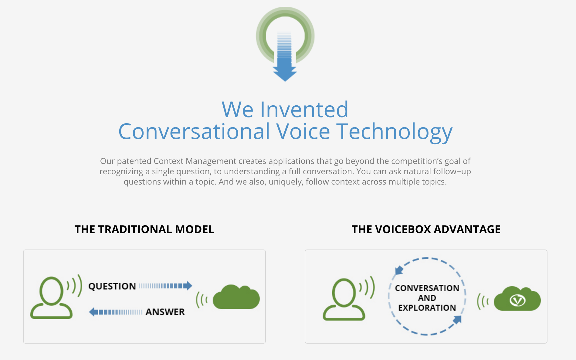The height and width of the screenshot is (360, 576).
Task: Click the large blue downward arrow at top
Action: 285,68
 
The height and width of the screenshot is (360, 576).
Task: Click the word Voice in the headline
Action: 303,131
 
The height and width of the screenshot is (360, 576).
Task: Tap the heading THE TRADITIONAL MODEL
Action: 144,229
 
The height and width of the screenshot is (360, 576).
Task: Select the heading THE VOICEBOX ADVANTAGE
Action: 426,229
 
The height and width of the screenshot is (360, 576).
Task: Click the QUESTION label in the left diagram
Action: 112,286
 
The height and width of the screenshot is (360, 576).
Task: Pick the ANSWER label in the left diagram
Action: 165,312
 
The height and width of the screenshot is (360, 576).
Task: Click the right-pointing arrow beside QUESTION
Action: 166,286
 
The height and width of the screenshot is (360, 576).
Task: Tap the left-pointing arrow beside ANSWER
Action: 116,312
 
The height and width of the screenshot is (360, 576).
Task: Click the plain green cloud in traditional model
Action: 236,297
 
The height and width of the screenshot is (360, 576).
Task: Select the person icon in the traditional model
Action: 51,298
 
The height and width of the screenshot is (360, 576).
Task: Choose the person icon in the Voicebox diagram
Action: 344,299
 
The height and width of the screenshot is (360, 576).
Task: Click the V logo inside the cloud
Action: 517,301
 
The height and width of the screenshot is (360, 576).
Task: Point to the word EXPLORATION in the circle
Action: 427,308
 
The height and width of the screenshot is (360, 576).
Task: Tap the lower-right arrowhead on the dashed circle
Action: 457,320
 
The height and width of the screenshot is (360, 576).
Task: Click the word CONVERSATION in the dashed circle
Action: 427,288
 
